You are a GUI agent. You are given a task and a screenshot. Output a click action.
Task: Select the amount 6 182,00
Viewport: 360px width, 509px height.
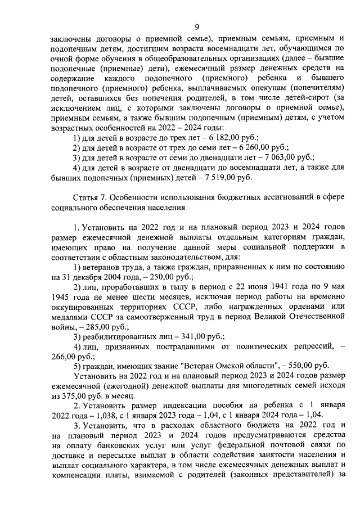[226, 138]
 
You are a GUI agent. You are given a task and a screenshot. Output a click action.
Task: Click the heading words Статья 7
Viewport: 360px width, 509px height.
[91, 198]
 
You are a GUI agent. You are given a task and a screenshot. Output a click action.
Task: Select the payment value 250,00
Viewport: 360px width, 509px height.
[162, 277]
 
